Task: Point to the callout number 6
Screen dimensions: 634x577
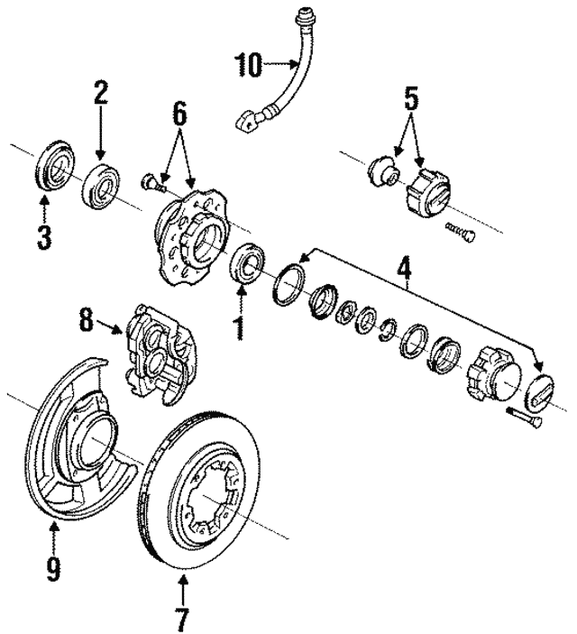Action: pos(180,112)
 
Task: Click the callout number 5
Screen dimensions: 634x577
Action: pos(410,96)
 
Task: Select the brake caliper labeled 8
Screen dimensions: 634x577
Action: pos(160,351)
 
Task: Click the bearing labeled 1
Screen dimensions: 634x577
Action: pos(248,263)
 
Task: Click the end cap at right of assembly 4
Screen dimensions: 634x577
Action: pos(541,394)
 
